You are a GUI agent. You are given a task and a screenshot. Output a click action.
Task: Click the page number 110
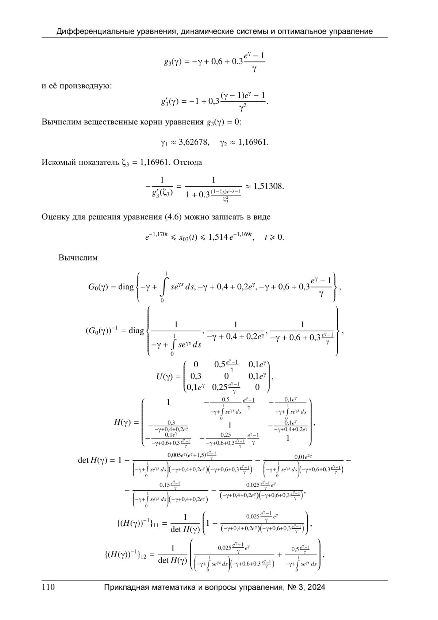click(x=48, y=587)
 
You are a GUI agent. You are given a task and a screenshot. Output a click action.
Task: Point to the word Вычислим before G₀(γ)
click(x=78, y=258)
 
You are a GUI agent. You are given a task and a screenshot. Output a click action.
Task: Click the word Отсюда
click(x=188, y=162)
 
